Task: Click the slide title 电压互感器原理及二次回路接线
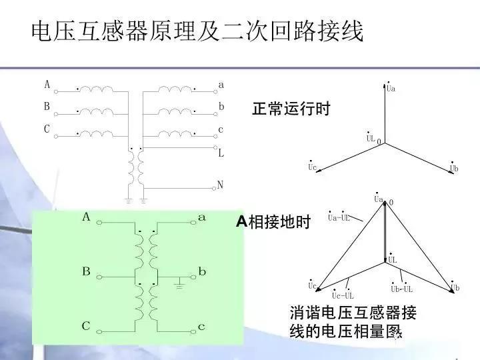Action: click(x=197, y=31)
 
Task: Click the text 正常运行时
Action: click(x=291, y=109)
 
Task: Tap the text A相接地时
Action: click(x=273, y=223)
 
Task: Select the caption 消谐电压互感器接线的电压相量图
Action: click(x=353, y=321)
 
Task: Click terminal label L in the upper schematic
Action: click(x=221, y=153)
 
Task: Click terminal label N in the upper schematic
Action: click(x=221, y=185)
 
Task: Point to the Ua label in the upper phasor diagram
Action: click(x=391, y=89)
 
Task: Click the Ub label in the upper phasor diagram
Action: click(x=453, y=168)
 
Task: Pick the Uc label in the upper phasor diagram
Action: click(x=312, y=167)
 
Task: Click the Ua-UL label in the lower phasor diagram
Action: click(x=339, y=217)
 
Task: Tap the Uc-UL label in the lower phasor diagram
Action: click(x=343, y=295)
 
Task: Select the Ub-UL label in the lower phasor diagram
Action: click(x=401, y=289)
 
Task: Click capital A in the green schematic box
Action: click(x=86, y=217)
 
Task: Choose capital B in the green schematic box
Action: click(x=86, y=272)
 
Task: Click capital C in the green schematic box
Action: click(x=86, y=326)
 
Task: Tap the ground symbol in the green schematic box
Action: click(x=178, y=285)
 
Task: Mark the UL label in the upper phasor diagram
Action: click(x=370, y=138)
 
